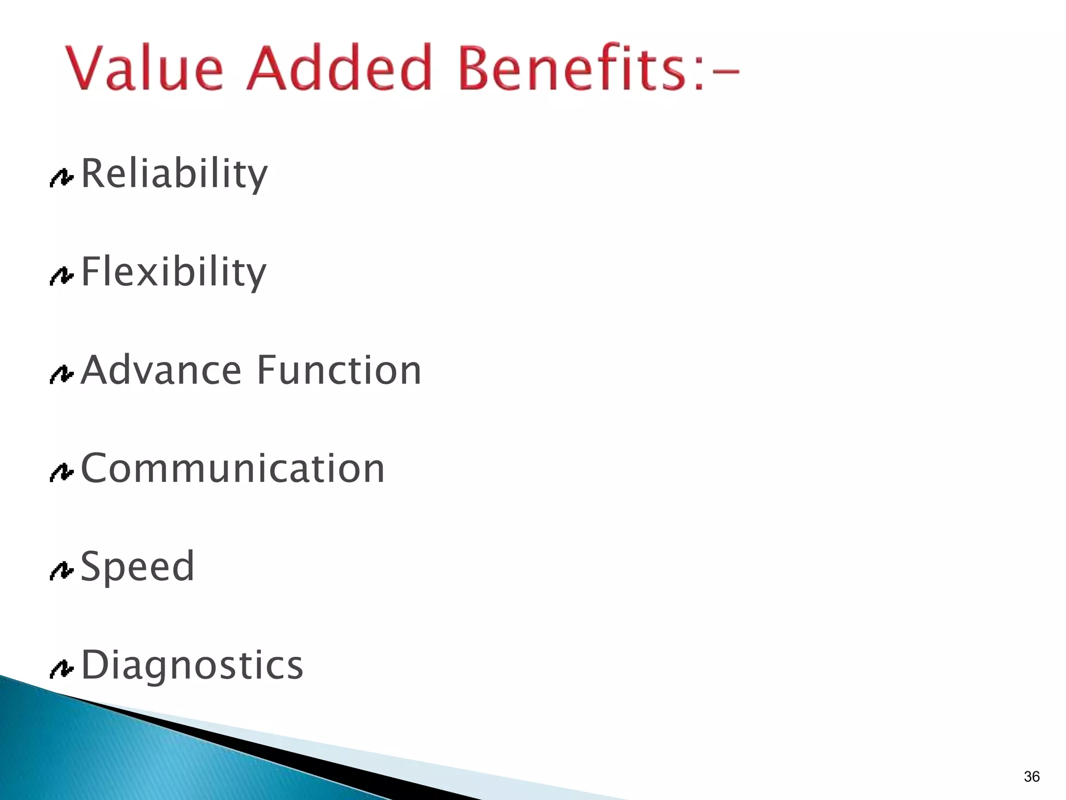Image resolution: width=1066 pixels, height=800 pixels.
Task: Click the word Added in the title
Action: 339,68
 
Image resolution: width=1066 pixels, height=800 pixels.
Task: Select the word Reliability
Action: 174,174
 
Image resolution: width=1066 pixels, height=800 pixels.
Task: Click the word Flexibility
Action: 174,272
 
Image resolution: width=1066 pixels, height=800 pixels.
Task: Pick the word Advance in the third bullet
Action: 161,370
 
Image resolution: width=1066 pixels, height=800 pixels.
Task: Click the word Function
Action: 339,370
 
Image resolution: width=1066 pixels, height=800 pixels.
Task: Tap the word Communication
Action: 233,469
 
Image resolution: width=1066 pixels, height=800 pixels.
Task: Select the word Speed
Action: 138,567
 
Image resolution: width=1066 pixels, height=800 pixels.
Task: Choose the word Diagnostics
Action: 192,665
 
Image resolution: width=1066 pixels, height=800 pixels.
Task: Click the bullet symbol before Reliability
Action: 61,178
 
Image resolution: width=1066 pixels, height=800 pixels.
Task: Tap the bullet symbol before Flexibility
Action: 61,276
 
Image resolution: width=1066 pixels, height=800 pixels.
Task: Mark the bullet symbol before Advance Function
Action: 61,374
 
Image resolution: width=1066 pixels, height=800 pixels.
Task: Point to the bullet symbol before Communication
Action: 61,472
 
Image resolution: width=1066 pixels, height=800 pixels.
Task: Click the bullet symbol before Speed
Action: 61,571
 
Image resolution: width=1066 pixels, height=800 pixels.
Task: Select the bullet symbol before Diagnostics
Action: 61,669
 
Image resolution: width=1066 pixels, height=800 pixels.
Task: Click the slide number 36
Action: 1031,777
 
